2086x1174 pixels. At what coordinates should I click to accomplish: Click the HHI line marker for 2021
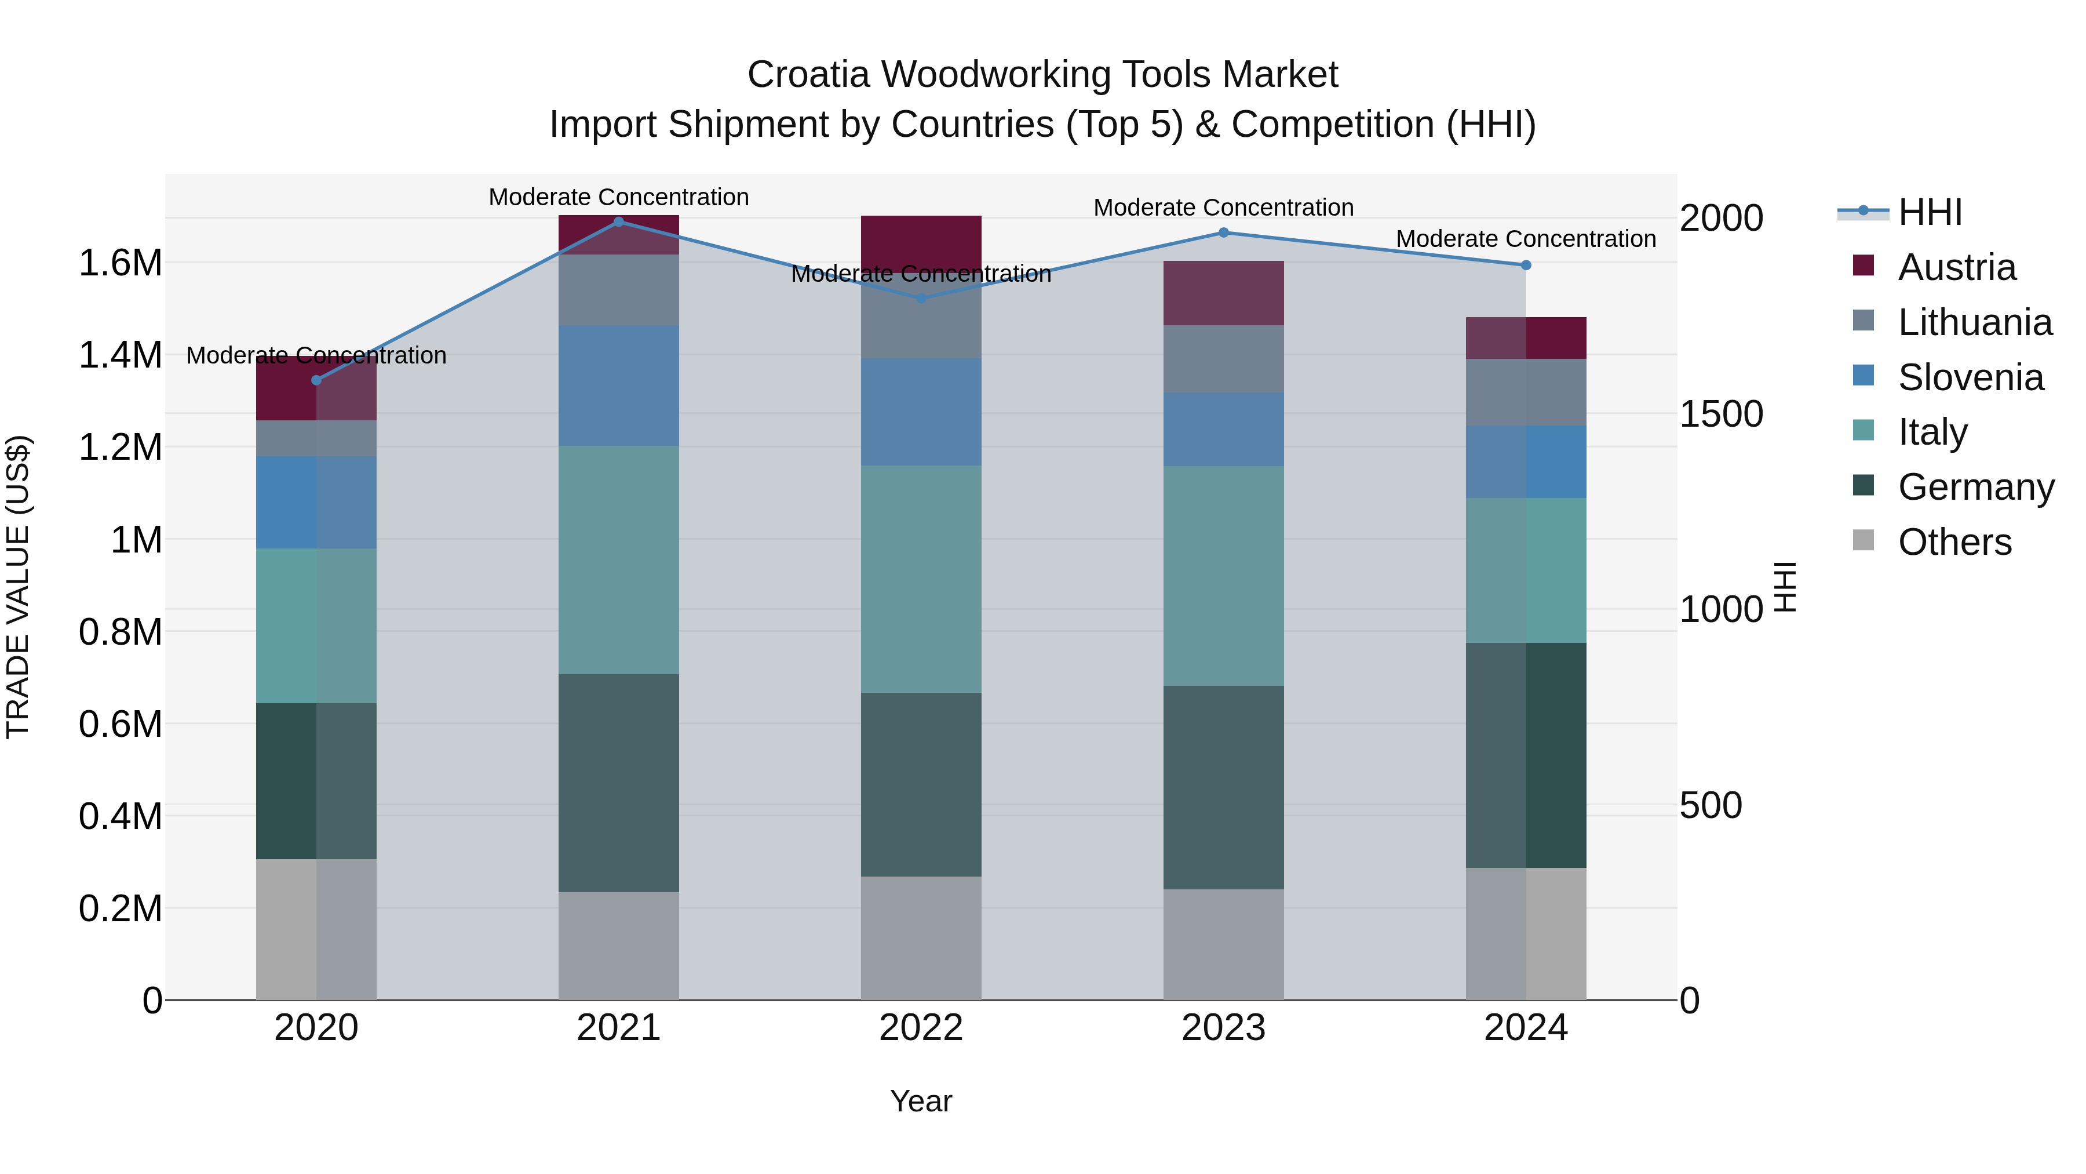(619, 221)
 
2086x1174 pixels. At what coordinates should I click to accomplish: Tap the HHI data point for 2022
(921, 298)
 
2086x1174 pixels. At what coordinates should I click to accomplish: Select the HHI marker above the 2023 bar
(1224, 232)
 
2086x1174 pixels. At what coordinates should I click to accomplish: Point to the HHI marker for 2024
(1526, 265)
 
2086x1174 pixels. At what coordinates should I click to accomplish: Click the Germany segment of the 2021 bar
(619, 783)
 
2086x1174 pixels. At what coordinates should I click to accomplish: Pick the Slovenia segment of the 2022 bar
(921, 412)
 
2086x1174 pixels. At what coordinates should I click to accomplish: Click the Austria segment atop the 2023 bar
(1224, 293)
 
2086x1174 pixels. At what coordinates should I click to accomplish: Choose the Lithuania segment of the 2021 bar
(619, 290)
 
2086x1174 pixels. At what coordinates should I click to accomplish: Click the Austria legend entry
(1956, 267)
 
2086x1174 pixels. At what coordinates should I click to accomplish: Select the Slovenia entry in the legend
(1970, 377)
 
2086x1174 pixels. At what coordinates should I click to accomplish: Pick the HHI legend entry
(1929, 212)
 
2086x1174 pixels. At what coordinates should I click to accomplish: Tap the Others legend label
(1954, 542)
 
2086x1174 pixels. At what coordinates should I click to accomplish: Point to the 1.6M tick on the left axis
(121, 263)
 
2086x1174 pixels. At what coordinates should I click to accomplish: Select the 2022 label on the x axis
(921, 1028)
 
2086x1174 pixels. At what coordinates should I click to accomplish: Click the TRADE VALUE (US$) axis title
(18, 587)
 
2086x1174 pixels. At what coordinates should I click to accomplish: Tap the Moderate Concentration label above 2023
(1224, 208)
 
